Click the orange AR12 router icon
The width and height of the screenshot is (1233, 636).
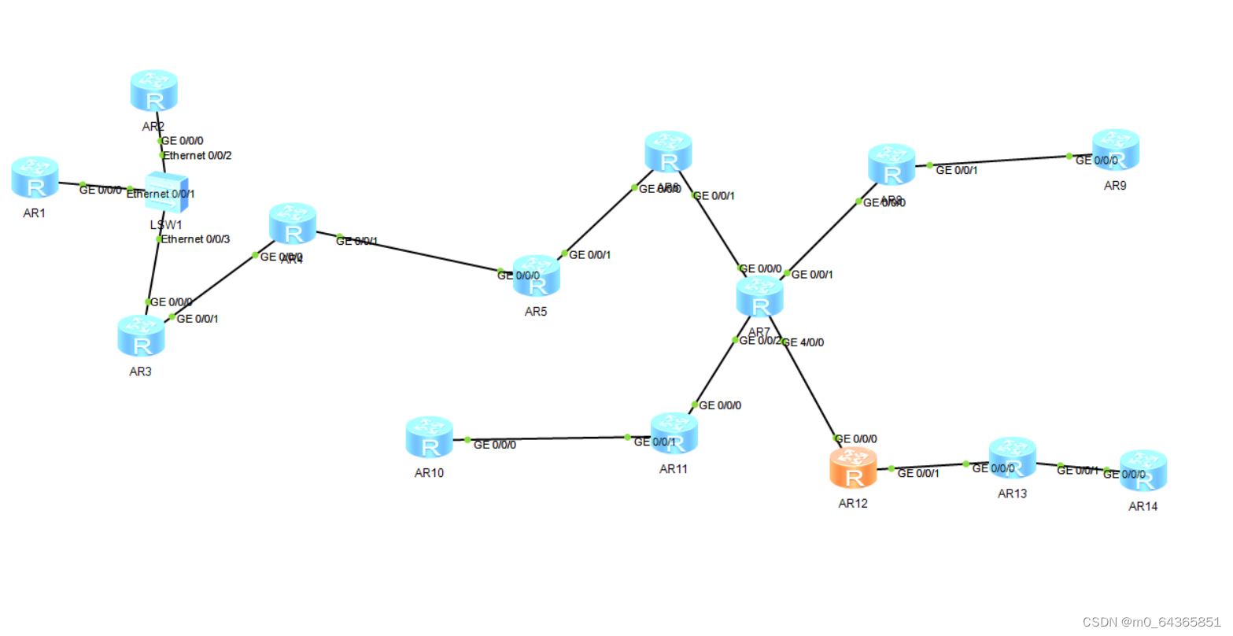pos(854,468)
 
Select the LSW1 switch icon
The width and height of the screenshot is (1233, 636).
pos(166,192)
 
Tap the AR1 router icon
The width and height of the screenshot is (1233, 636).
pos(35,177)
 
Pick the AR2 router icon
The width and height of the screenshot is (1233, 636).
pos(154,91)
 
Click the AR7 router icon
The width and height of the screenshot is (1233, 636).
pos(760,298)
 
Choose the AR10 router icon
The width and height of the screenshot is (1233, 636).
pos(430,438)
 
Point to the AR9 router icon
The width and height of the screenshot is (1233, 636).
pos(1116,150)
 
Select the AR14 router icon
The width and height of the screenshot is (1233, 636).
pos(1143,471)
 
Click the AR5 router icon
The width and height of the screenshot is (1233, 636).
pos(537,276)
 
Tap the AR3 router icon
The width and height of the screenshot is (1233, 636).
pos(142,336)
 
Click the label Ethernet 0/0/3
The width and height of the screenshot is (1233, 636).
pos(195,239)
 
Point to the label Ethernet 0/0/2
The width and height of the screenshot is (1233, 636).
pos(198,156)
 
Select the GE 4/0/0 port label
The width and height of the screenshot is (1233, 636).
pos(804,342)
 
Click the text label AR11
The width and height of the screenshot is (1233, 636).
pos(674,469)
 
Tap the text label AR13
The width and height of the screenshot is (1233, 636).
pos(1012,494)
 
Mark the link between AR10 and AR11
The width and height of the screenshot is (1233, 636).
pos(551,438)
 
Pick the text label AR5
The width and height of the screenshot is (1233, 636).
pos(536,312)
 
